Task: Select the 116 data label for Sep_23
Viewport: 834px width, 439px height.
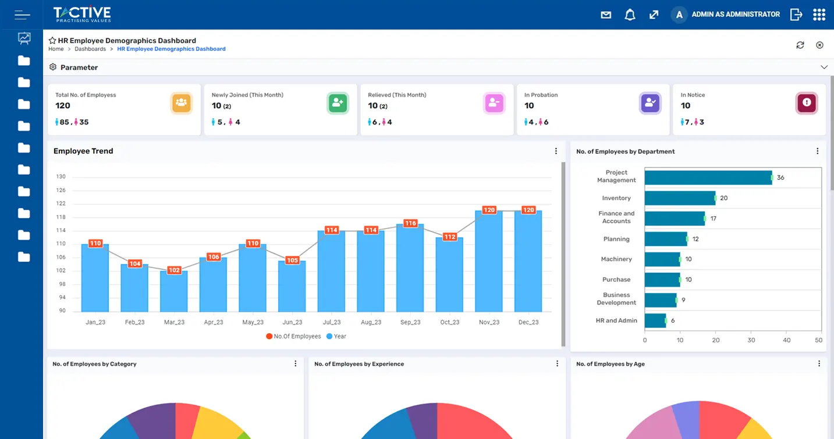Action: click(410, 223)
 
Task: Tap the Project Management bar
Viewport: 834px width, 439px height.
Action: click(708, 177)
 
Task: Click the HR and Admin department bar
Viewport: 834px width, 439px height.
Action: click(655, 321)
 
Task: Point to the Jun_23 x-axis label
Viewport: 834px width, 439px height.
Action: click(292, 322)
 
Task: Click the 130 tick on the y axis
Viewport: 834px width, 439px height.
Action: click(61, 177)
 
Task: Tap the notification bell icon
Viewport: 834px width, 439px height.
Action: click(630, 15)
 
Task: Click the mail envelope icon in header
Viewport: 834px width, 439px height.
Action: click(606, 15)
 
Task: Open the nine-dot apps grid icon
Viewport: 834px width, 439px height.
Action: click(819, 15)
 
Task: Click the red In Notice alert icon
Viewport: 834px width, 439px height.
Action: click(806, 103)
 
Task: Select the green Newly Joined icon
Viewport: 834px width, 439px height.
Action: click(338, 103)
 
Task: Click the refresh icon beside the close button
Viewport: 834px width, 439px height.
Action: click(800, 45)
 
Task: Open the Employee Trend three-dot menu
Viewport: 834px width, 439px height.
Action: click(556, 151)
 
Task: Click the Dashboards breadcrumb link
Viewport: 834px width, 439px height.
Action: click(90, 49)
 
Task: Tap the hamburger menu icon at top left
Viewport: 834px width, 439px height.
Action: click(22, 15)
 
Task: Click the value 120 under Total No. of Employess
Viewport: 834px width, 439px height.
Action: click(63, 106)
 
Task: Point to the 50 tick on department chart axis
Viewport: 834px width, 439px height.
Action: click(818, 340)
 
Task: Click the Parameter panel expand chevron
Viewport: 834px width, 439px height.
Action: click(824, 67)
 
